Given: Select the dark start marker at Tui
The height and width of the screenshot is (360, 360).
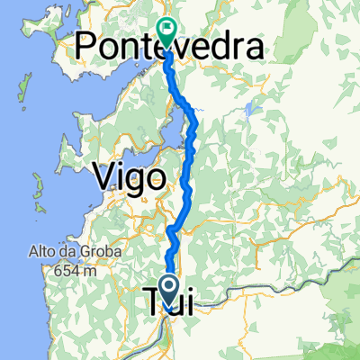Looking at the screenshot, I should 168,289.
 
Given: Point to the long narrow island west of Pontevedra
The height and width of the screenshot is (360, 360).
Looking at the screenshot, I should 19,86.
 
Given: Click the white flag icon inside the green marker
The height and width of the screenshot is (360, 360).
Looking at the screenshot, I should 166,29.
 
